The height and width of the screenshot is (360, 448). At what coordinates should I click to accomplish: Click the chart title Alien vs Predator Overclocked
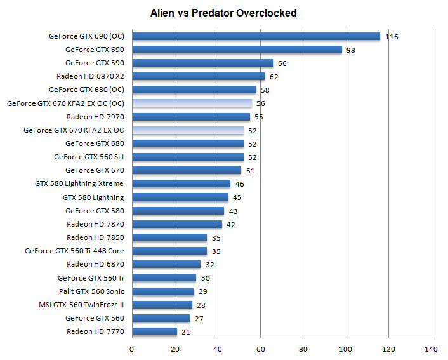pos(223,13)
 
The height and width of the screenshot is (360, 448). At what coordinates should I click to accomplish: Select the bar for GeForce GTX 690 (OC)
pos(256,36)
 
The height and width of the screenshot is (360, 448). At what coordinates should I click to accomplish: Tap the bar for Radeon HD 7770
pos(154,331)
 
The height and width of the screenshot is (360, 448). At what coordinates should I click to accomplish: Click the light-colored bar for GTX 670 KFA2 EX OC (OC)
pos(192,103)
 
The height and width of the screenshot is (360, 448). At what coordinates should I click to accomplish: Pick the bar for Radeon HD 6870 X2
pos(198,77)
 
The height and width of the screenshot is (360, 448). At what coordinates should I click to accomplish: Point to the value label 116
pos(392,37)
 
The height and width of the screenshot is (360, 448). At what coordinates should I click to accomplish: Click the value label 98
pos(350,50)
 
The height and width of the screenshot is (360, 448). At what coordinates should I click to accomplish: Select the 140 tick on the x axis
pos(432,349)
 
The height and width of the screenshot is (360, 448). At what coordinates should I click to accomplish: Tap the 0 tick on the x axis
pos(132,349)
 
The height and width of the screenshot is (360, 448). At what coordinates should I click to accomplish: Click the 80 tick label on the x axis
pos(303,349)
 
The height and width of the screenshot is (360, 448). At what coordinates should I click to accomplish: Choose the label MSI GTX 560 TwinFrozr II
pos(81,305)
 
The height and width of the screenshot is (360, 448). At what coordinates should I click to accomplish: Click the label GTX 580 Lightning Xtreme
pos(79,184)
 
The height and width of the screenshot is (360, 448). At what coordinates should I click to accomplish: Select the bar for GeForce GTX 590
pos(202,63)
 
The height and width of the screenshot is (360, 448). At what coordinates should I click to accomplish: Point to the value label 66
pos(282,63)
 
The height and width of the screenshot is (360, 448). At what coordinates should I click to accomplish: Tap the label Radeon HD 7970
pos(95,117)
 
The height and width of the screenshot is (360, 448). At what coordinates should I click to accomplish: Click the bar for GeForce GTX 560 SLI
pos(188,157)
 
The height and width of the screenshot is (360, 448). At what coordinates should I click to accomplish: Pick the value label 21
pos(185,332)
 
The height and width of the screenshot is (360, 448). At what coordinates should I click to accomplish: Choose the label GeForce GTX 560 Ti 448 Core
pos(74,251)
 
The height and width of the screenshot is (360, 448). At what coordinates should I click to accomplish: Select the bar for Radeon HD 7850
pos(169,237)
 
